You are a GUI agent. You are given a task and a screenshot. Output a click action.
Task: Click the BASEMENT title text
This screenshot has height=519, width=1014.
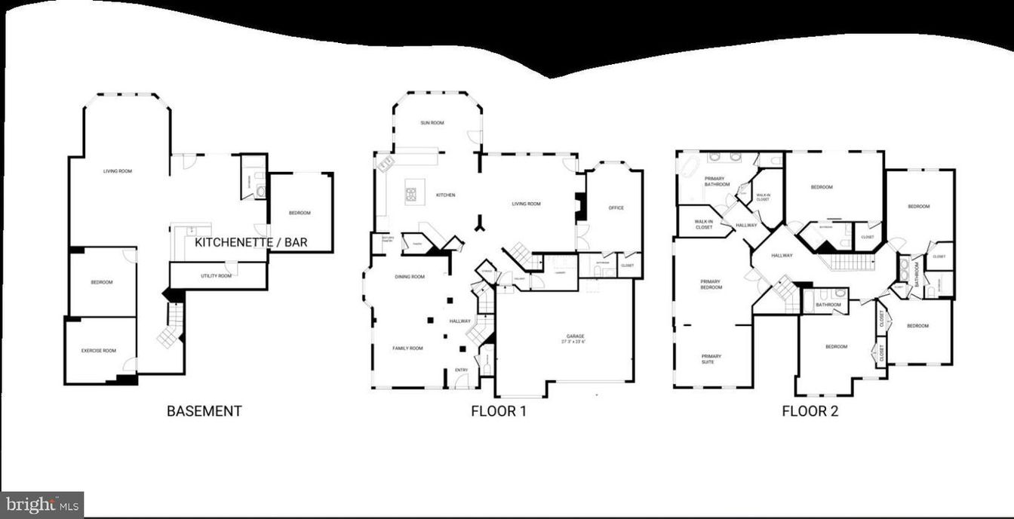pyautogui.click(x=204, y=411)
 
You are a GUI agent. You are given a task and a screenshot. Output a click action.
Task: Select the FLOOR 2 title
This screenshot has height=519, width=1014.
pyautogui.click(x=810, y=411)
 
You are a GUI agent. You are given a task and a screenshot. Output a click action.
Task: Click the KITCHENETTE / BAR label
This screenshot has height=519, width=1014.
pyautogui.click(x=262, y=243)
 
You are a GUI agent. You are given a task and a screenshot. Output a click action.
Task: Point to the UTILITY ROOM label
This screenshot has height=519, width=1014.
pyautogui.click(x=216, y=276)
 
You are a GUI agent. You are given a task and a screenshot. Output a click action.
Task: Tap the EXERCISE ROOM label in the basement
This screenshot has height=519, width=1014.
pyautogui.click(x=98, y=351)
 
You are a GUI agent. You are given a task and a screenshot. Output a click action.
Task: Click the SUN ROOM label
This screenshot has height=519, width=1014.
pyautogui.click(x=432, y=123)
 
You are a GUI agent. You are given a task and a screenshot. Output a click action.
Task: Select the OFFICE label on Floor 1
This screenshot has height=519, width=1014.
pyautogui.click(x=616, y=208)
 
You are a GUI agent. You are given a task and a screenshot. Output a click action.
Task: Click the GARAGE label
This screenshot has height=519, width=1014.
pyautogui.click(x=575, y=336)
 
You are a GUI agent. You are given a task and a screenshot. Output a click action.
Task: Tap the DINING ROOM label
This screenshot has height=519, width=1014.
pyautogui.click(x=409, y=277)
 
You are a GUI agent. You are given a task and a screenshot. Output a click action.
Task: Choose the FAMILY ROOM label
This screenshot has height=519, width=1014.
pyautogui.click(x=407, y=349)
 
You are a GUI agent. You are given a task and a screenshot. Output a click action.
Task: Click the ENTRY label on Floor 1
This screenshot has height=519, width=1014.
pyautogui.click(x=461, y=370)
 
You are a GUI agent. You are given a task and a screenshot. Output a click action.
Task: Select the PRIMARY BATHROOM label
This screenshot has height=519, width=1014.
pyautogui.click(x=717, y=182)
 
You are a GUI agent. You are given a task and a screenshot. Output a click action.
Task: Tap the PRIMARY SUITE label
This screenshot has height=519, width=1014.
pyautogui.click(x=711, y=359)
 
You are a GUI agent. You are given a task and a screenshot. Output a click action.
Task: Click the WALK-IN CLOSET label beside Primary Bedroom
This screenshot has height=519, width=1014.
pyautogui.click(x=703, y=224)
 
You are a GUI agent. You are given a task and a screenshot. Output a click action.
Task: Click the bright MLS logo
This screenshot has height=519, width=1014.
pyautogui.click(x=41, y=504)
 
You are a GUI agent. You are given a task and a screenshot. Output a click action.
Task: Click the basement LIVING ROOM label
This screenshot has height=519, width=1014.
pyautogui.click(x=118, y=171)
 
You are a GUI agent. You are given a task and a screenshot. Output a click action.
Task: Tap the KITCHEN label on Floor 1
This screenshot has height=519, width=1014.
pyautogui.click(x=445, y=195)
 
